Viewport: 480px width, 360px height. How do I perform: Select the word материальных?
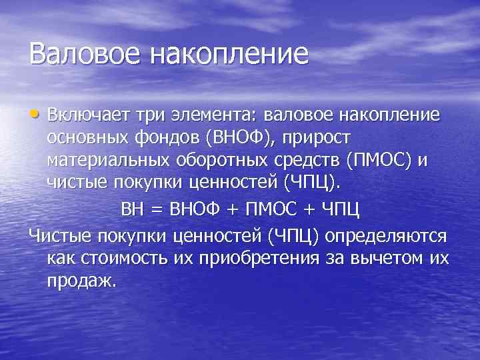pos(107,161)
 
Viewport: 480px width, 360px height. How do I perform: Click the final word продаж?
pos(81,281)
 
